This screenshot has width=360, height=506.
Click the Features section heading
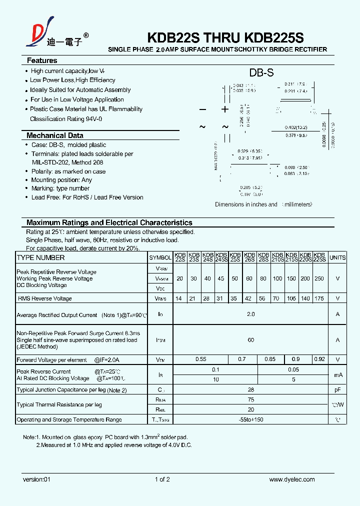point(42,60)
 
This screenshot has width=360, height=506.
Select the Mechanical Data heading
point(54,135)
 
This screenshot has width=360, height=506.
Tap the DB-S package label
point(261,72)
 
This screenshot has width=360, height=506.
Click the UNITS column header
point(337,257)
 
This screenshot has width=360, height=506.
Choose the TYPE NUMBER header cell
point(41,257)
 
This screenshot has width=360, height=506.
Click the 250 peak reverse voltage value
point(319,278)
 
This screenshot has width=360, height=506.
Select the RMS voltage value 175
point(319,298)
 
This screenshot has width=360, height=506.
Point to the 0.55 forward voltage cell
point(200,359)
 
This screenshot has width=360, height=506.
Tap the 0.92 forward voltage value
point(319,359)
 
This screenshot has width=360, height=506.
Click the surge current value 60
point(250,340)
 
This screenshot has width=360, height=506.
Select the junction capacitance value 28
point(250,390)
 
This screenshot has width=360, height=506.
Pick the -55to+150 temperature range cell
point(250,419)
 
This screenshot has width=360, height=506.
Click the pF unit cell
point(337,390)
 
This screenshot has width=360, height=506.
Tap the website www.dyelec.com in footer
point(292,479)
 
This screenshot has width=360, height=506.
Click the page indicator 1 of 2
point(162,479)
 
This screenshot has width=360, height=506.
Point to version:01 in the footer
point(37,479)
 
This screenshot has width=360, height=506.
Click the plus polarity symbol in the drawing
point(225,109)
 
